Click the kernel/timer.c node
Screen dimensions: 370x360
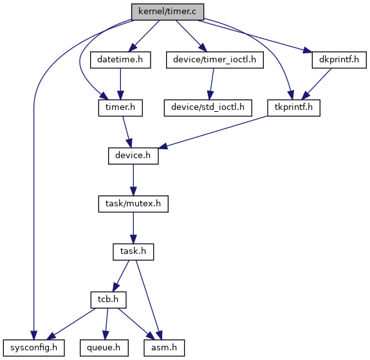[x=167, y=12]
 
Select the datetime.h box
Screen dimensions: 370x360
[x=120, y=60]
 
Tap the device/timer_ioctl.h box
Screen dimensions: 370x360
[x=215, y=60]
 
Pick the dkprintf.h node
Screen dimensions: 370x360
[x=339, y=60]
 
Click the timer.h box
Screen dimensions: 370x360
[x=120, y=108]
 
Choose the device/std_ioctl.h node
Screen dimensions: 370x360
[x=208, y=108]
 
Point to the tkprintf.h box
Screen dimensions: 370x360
[x=293, y=108]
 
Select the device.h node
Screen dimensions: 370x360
[x=133, y=156]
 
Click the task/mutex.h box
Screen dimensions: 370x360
[x=133, y=204]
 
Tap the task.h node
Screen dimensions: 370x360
[x=133, y=252]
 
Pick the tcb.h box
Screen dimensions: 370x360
[x=108, y=300]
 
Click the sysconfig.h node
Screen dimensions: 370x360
[x=33, y=348]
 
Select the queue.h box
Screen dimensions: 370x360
[x=104, y=348]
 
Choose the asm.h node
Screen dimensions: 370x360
[x=164, y=348]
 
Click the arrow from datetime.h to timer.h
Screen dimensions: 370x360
[x=120, y=84]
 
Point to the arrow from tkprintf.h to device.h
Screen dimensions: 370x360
[x=213, y=132]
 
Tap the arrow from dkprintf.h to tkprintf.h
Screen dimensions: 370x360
[x=317, y=84]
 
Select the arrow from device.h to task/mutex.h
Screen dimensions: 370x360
[x=133, y=180]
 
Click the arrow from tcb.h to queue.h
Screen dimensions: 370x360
[x=106, y=324]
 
